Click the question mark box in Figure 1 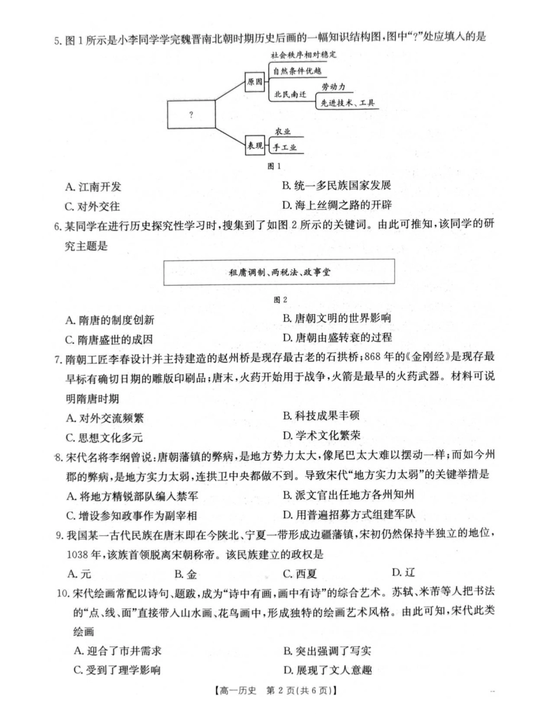[x=191, y=115]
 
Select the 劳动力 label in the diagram [x=334, y=86]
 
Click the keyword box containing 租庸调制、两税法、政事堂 [x=279, y=272]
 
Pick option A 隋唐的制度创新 [x=110, y=320]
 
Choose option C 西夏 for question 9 [x=300, y=574]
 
